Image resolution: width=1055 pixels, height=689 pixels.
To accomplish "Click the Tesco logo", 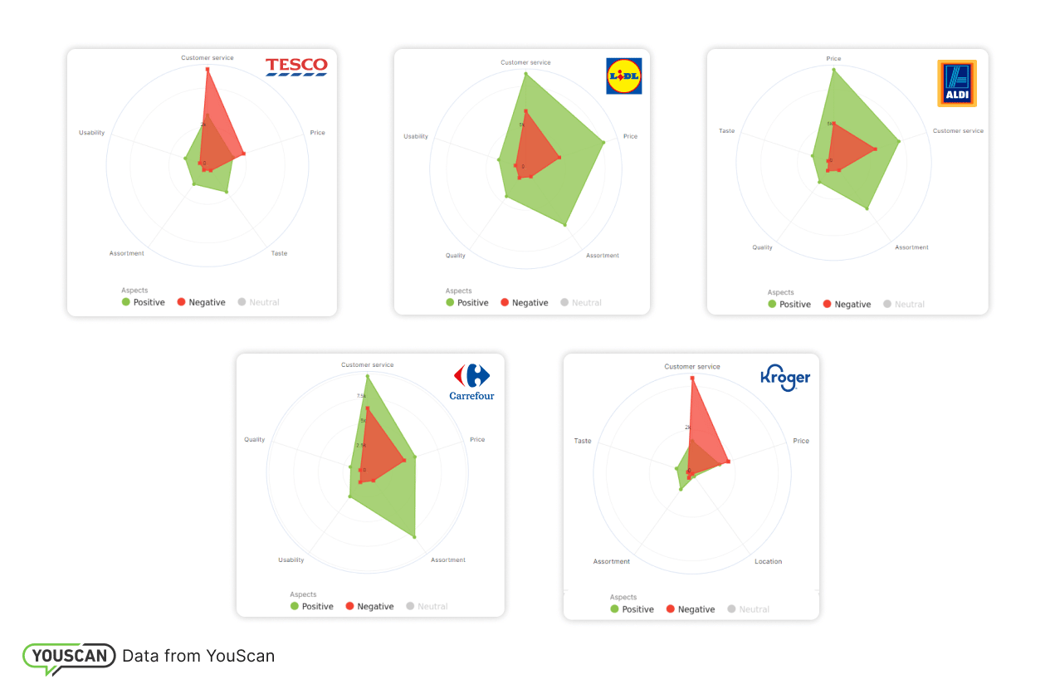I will [x=296, y=66].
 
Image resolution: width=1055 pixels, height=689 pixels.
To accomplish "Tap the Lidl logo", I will [x=623, y=76].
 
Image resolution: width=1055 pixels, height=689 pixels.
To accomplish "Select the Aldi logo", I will [x=956, y=83].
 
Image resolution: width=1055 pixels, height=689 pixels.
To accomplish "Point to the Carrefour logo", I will [x=471, y=382].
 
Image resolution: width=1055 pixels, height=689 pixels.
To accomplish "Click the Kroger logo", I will [x=785, y=379].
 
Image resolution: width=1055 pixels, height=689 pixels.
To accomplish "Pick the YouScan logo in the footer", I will [x=70, y=657].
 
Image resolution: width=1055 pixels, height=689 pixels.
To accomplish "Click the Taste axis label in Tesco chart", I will [x=279, y=253].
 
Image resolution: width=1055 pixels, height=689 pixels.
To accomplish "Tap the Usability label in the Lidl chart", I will [x=416, y=136].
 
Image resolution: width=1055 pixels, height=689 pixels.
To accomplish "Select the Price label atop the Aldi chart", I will [x=833, y=59].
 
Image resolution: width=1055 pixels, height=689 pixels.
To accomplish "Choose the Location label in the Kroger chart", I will [x=768, y=562].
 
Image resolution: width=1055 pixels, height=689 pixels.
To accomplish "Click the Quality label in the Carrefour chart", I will [x=255, y=439].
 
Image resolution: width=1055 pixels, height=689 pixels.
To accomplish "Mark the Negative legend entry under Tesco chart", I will [x=201, y=302].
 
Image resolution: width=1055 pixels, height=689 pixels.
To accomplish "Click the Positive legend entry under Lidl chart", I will [x=467, y=303].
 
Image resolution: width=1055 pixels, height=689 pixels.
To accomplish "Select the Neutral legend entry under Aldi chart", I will [x=904, y=305].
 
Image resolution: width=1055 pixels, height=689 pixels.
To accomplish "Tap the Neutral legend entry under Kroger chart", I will [x=748, y=609].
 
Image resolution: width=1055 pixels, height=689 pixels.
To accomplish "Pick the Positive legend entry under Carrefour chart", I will [x=312, y=607].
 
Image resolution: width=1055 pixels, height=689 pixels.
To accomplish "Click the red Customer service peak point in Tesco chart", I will [x=208, y=69].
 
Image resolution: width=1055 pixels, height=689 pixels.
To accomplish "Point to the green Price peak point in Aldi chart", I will [x=833, y=71].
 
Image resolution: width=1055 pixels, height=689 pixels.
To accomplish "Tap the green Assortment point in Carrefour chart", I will [x=414, y=537].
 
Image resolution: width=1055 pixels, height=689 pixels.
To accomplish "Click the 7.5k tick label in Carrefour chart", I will [x=361, y=396].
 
